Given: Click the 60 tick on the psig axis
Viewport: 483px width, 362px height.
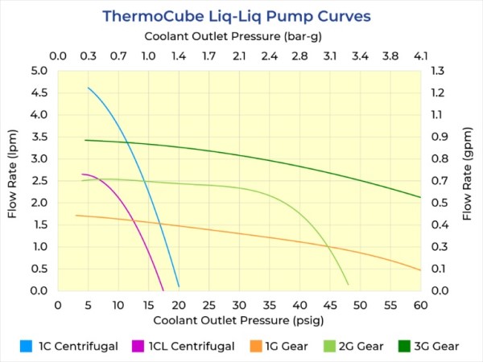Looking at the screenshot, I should [420, 305].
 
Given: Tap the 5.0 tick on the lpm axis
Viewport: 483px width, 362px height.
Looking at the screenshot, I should [39, 71].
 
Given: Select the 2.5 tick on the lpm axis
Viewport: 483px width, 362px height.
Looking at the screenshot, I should [39, 181].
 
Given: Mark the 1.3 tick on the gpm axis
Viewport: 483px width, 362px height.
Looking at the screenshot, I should [439, 71].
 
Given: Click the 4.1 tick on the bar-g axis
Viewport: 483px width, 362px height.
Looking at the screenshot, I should [420, 56].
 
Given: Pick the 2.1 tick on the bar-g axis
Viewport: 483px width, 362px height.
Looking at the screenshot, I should [239, 56].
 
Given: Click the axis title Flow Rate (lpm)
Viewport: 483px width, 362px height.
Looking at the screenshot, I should [13, 181].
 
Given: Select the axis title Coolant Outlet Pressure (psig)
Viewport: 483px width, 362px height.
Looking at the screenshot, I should [239, 321].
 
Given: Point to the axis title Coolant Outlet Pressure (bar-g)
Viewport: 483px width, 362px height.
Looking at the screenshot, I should [239, 37].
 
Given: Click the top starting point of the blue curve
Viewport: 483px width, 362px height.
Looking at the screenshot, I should [89, 88].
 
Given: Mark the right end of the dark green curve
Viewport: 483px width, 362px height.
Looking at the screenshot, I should [420, 197].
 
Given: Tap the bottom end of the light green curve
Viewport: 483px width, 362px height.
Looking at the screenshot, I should [348, 284].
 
